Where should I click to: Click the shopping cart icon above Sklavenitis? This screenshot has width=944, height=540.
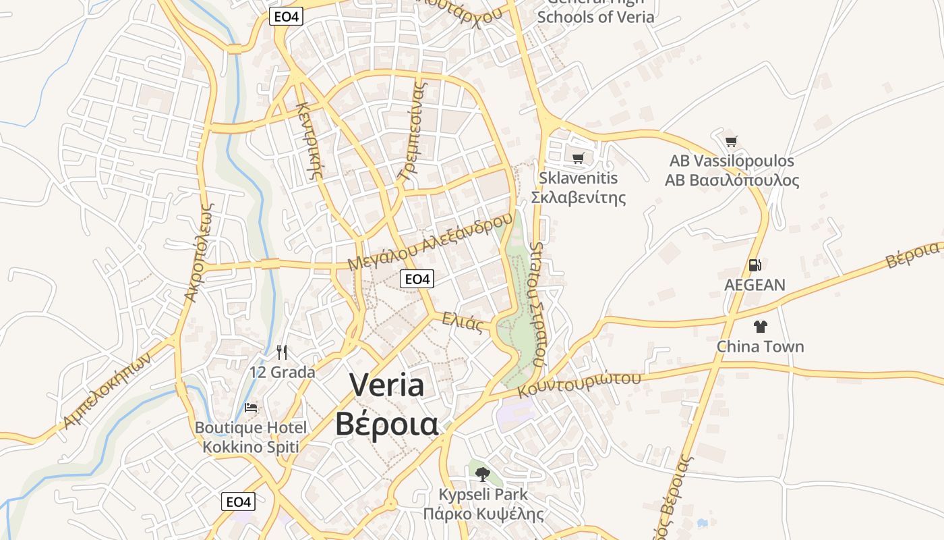coord(578,159)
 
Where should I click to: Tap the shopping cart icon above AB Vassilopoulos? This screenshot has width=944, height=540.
coord(732,141)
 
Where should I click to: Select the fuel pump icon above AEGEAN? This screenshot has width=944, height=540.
coord(755,265)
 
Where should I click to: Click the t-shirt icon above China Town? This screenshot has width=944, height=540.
coord(761,327)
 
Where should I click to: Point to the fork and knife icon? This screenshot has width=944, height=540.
coord(282,352)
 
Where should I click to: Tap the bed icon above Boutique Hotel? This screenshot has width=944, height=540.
coord(251,408)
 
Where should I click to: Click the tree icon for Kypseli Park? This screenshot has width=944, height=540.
coord(482,474)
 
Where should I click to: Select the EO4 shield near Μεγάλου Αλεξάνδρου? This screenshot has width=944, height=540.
coord(417,279)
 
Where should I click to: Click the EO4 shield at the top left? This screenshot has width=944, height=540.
coord(286,17)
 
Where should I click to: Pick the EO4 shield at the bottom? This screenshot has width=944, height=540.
coord(239,502)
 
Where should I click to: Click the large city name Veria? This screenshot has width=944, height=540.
coord(387,385)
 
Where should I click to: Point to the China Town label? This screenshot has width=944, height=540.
coord(760,347)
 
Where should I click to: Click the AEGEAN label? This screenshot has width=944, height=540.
coord(755,285)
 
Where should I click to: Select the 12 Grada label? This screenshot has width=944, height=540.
coord(282,372)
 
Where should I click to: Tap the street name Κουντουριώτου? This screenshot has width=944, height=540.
coord(579,383)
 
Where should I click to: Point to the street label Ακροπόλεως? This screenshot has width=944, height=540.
coord(201,253)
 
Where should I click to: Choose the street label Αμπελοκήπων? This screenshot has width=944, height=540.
coord(108,391)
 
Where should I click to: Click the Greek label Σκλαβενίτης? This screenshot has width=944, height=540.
coord(579,198)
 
